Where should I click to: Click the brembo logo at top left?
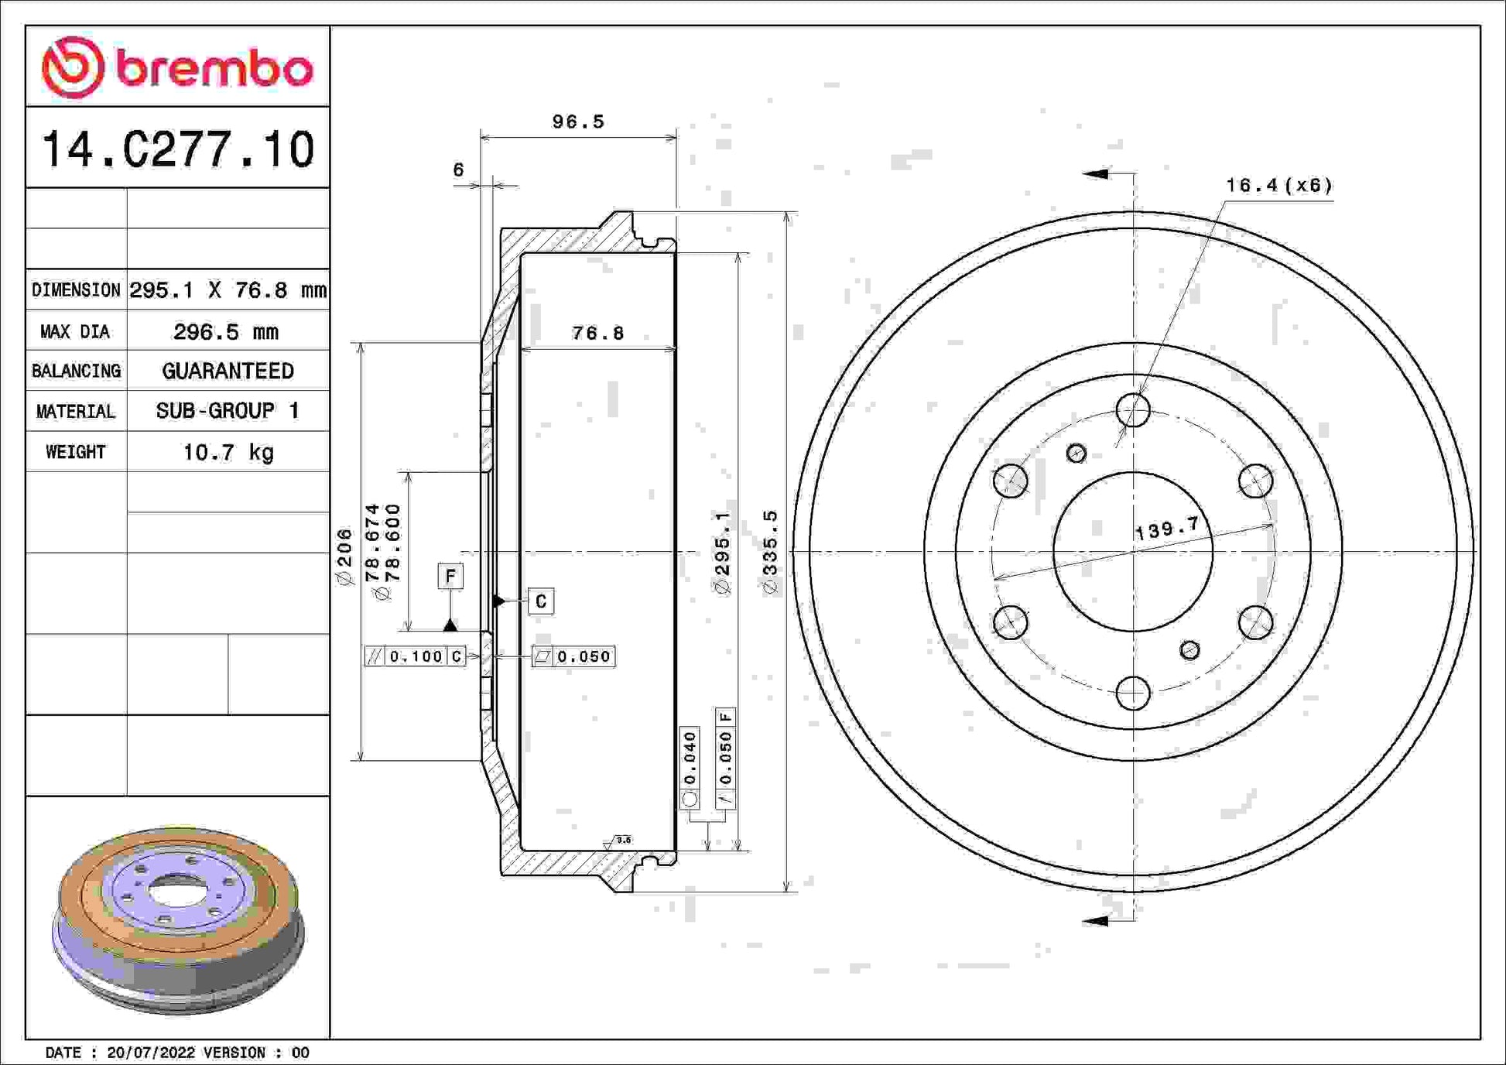[177, 67]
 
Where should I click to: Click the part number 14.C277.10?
[178, 149]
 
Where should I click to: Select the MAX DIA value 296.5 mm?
[226, 332]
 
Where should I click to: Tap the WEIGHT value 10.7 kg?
[228, 452]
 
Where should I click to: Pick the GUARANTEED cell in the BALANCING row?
[228, 371]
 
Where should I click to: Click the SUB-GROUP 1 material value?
[228, 411]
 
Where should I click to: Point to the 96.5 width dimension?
[578, 122]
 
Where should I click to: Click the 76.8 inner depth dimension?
[597, 333]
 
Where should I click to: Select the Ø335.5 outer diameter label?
[770, 553]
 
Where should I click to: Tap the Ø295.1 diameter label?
[722, 553]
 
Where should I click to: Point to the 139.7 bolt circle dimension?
[1167, 529]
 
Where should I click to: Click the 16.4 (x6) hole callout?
[1279, 186]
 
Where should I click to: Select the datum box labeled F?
[450, 577]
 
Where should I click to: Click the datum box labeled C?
[541, 601]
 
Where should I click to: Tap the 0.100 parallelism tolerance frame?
[415, 656]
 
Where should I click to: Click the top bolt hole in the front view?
[1133, 410]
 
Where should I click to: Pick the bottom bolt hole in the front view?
[1133, 693]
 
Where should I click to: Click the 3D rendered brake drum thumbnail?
[178, 919]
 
